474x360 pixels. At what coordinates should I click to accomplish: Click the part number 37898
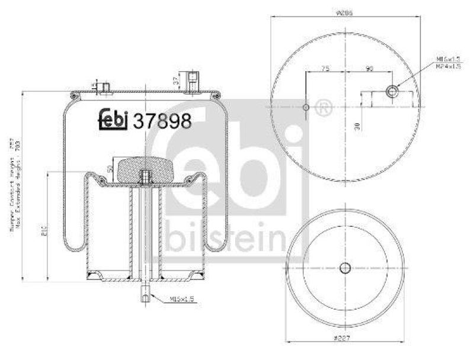[162, 121]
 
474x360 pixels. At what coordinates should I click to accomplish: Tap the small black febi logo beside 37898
[113, 120]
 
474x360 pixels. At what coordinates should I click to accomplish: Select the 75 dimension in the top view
[325, 69]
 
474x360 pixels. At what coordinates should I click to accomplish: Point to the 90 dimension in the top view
[369, 69]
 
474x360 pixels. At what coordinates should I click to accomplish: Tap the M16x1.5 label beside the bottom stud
[181, 299]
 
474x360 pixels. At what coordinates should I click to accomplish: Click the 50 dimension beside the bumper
[110, 169]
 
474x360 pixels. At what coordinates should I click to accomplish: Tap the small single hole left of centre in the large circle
[305, 107]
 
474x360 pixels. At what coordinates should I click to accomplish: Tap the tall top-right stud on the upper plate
[191, 81]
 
